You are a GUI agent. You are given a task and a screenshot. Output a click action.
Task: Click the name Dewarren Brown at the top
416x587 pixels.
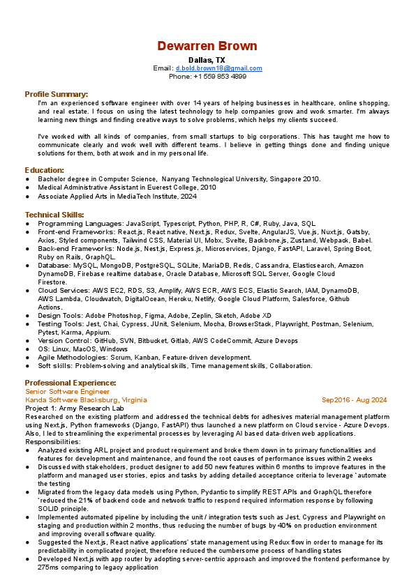click(207, 46)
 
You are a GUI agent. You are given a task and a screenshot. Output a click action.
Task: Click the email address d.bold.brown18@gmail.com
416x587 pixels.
click(218, 68)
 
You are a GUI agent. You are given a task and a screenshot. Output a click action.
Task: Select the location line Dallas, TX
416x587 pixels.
click(207, 61)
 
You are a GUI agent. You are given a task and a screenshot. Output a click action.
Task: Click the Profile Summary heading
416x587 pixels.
click(57, 93)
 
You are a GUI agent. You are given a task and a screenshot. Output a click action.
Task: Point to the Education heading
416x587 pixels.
click(45, 170)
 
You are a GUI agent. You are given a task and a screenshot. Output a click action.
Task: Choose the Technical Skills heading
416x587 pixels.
click(54, 215)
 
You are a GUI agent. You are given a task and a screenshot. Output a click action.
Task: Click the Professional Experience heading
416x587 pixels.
click(70, 383)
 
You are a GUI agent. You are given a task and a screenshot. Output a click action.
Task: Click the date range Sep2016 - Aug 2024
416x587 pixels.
click(354, 400)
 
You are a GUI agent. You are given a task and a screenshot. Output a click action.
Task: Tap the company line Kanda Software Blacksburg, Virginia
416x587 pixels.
click(86, 400)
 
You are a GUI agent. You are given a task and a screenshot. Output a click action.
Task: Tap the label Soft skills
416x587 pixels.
click(54, 366)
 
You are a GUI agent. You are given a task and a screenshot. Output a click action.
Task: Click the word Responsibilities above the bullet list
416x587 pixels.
click(53, 442)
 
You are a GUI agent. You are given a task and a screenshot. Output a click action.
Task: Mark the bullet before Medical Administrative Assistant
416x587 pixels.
click(27, 188)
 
